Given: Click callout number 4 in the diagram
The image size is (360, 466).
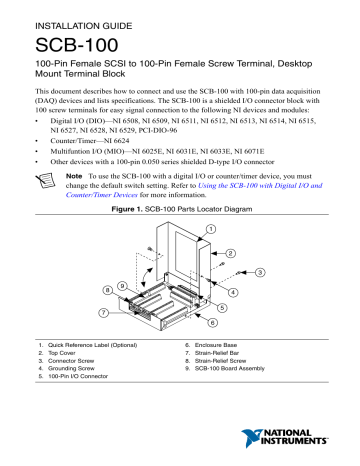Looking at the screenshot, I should (x=233, y=292).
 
